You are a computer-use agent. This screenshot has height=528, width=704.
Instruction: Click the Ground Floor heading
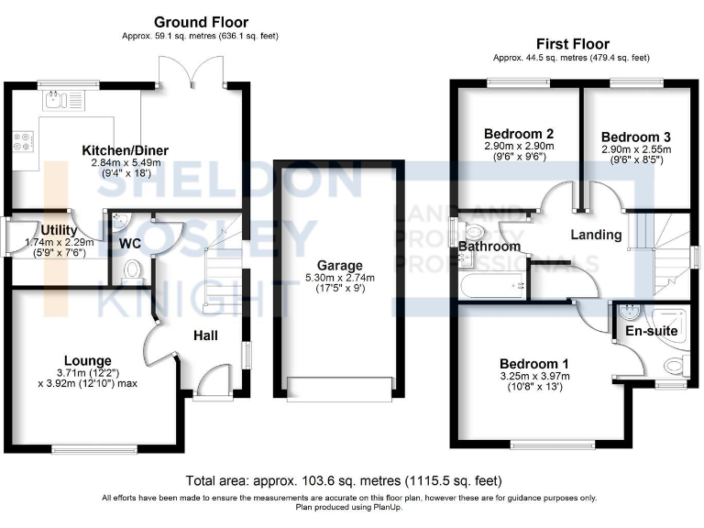tap(201, 22)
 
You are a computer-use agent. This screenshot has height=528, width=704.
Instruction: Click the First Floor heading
tap(572, 43)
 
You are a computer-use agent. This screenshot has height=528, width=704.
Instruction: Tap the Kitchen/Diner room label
tap(125, 150)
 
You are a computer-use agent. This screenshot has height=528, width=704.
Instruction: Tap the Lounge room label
tap(88, 360)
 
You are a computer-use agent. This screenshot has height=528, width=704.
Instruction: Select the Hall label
tap(205, 336)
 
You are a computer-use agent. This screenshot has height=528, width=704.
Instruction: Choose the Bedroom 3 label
tap(636, 135)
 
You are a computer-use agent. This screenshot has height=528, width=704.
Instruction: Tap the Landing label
tap(596, 235)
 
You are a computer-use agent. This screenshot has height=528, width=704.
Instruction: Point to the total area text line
tap(343, 480)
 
